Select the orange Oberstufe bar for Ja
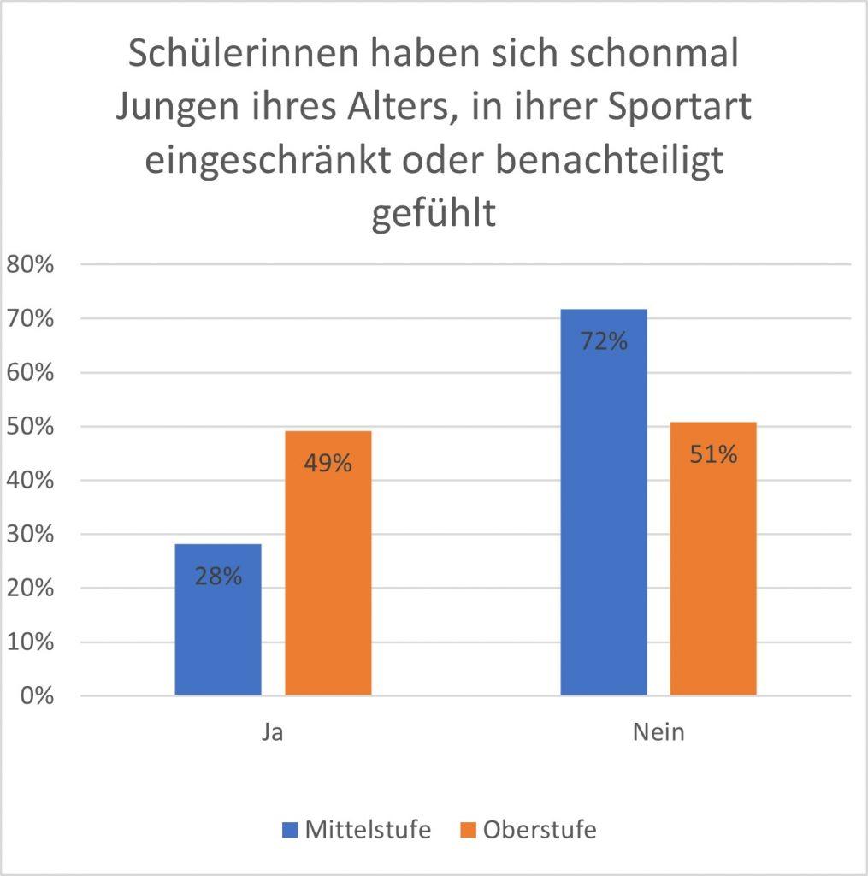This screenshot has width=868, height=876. [x=328, y=582]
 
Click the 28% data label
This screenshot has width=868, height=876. [x=217, y=576]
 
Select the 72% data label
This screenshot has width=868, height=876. [x=603, y=341]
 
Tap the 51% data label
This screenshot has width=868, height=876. [x=713, y=454]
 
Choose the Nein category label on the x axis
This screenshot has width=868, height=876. [x=658, y=733]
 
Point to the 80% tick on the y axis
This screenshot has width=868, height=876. [x=30, y=264]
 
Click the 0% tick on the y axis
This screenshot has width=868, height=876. [x=35, y=695]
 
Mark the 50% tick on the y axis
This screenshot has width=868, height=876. [x=30, y=426]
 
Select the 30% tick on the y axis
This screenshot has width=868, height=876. [x=30, y=534]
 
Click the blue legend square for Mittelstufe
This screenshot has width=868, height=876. [x=291, y=830]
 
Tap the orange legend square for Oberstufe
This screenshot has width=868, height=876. [x=467, y=830]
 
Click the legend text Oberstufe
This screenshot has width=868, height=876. [x=539, y=830]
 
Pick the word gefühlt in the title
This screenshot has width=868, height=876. [x=434, y=212]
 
